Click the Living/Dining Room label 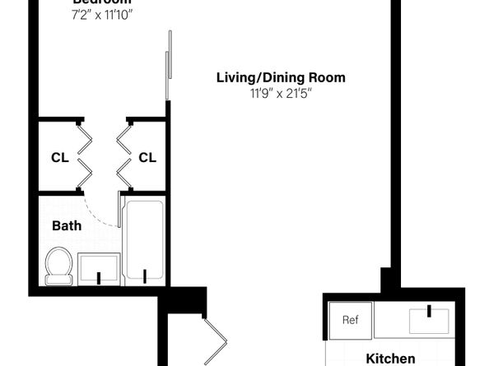coord(281,78)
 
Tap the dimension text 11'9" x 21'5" coord(281,93)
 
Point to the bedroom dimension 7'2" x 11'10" coord(102,15)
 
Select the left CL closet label coord(59,157)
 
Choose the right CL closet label coord(147,157)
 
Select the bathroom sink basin coord(99,268)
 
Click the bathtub coord(144,239)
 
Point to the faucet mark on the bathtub coord(145,275)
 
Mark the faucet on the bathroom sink coord(100,277)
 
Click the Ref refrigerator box coord(351,321)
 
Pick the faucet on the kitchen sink coord(430,310)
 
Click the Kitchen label coord(389,359)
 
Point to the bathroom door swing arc coord(102,215)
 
